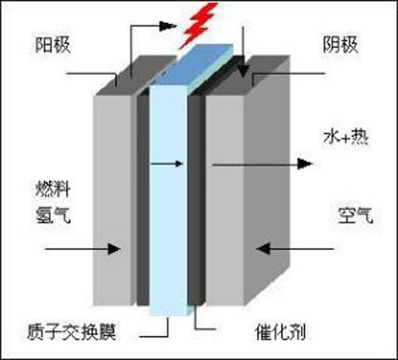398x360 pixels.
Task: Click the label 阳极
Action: click(53, 45)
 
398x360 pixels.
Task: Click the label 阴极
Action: click(341, 45)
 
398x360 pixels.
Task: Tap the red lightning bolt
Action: click(198, 25)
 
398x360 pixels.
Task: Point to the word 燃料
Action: click(53, 189)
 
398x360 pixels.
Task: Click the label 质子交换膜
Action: click(72, 331)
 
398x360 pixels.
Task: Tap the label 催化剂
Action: click(280, 331)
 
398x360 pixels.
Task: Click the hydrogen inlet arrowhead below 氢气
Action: click(115, 249)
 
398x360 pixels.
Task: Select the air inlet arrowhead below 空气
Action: click(263, 248)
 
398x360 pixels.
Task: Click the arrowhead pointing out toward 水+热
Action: click(305, 164)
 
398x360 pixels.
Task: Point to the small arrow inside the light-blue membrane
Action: click(167, 164)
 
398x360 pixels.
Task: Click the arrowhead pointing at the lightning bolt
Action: click(168, 25)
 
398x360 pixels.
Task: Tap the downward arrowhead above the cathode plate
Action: click(243, 71)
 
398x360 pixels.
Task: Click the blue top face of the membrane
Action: click(193, 65)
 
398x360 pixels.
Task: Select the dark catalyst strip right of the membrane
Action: click(196, 199)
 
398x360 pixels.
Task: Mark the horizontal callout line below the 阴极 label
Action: click(289, 73)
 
